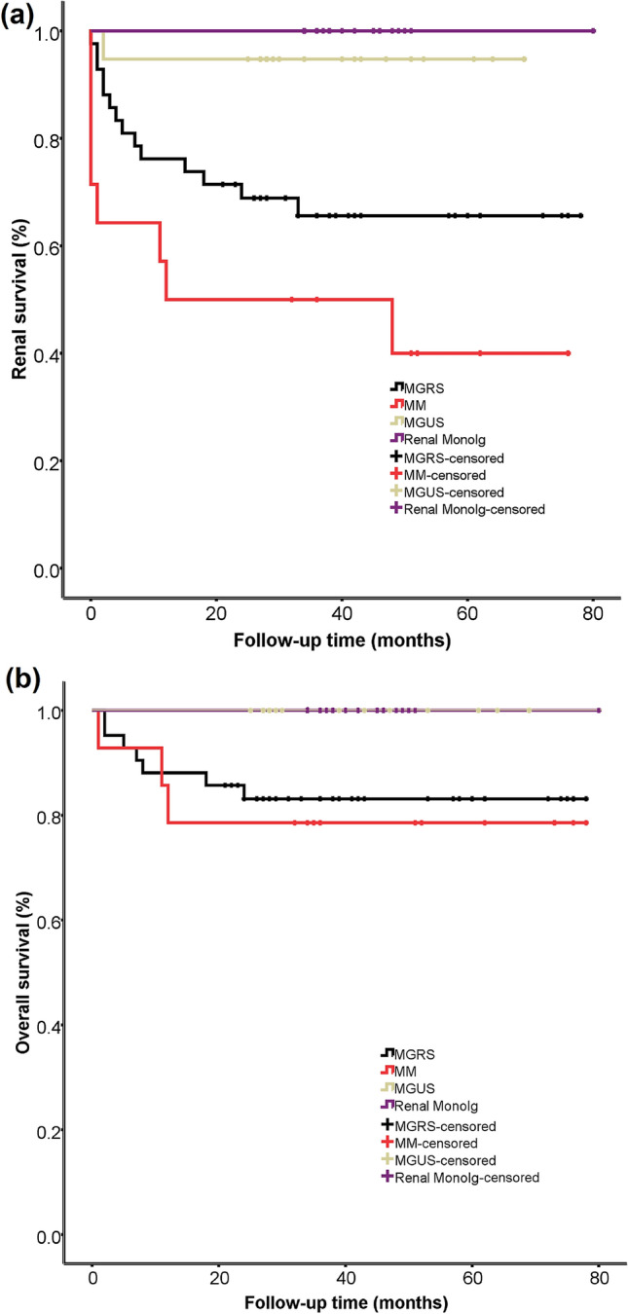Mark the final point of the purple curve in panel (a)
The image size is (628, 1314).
point(593,31)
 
